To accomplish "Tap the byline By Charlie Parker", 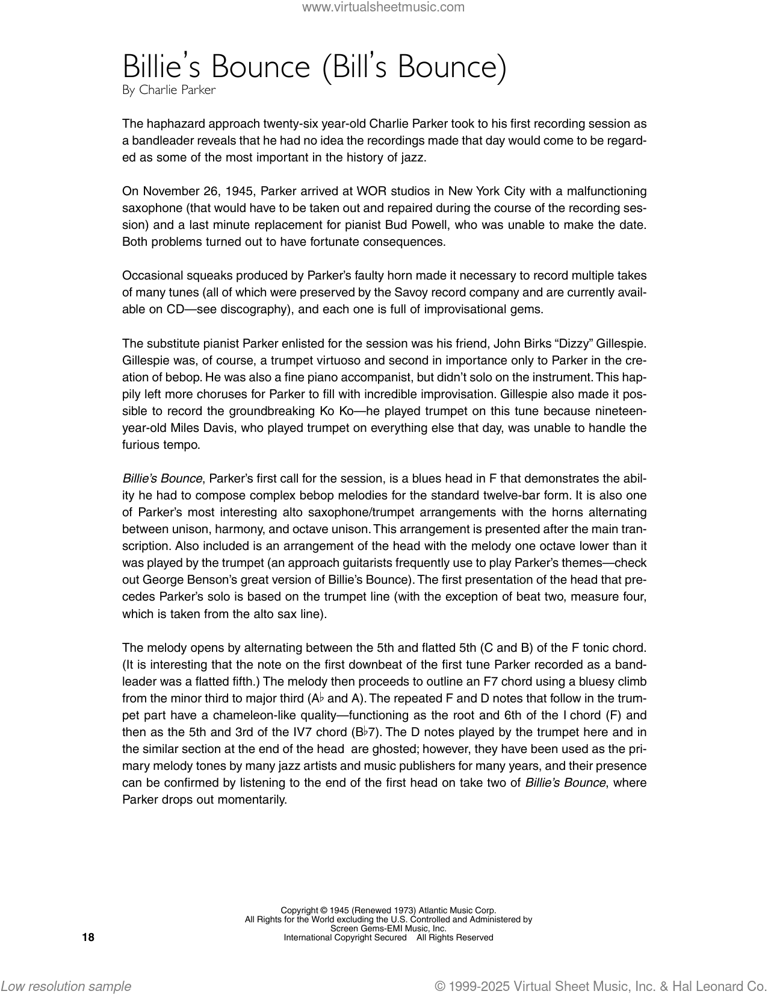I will pyautogui.click(x=169, y=90).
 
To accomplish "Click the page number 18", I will pyautogui.click(x=88, y=937).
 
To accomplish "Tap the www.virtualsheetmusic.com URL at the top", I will pyautogui.click(x=383, y=7).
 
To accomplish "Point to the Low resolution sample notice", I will pyautogui.click(x=66, y=986).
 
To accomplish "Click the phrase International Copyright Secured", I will pyautogui.click(x=345, y=937).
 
